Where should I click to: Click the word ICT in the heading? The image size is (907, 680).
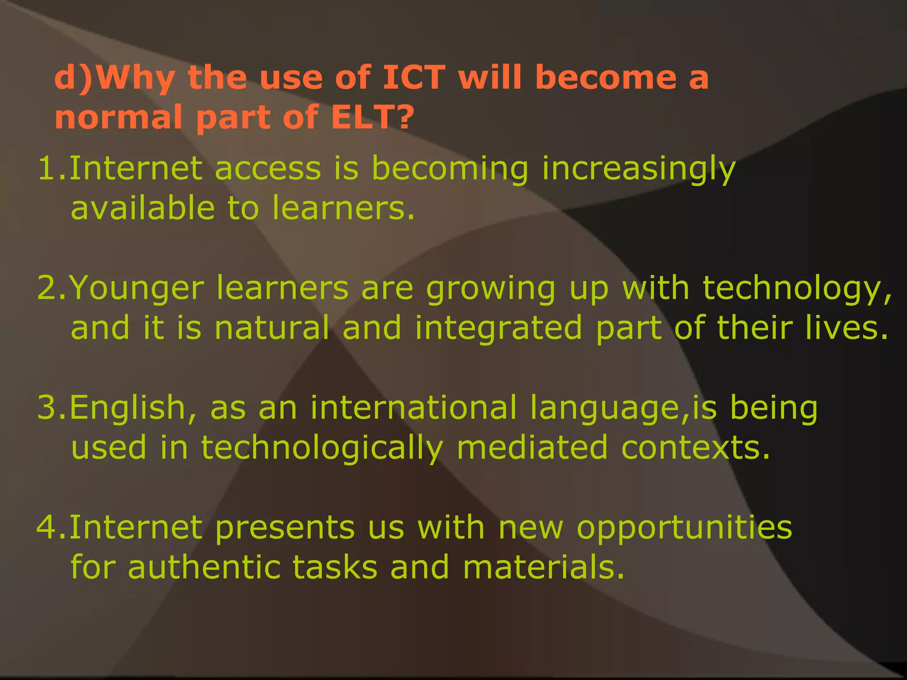click(x=414, y=77)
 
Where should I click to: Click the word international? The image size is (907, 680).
click(x=413, y=408)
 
